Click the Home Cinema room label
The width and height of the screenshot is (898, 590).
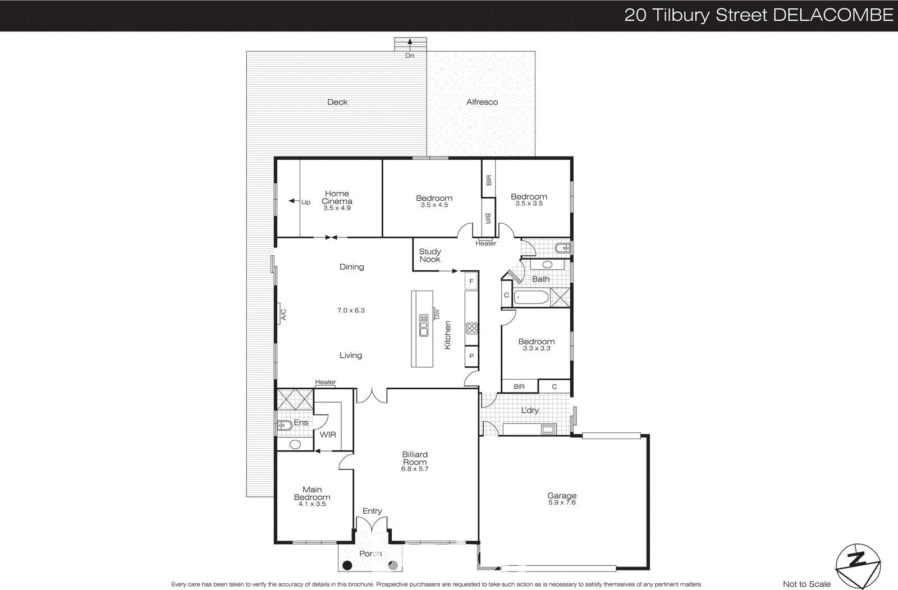click(x=337, y=197)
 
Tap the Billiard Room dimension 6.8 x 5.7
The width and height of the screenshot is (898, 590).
click(x=414, y=469)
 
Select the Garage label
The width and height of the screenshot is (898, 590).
click(x=562, y=495)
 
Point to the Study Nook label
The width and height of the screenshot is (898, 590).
click(x=430, y=255)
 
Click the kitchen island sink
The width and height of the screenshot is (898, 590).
click(x=424, y=325)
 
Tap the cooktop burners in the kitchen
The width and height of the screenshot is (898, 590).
click(x=472, y=328)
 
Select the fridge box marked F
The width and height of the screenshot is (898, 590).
click(x=471, y=281)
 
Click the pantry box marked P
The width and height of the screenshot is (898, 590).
click(x=471, y=356)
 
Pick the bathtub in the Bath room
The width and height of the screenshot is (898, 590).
click(x=530, y=297)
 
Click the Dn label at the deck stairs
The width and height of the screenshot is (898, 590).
click(x=410, y=56)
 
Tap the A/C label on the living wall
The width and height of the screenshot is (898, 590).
click(x=283, y=314)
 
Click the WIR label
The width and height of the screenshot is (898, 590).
click(x=328, y=435)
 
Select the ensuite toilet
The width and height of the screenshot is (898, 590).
click(x=284, y=425)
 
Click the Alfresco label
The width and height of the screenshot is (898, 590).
click(x=482, y=102)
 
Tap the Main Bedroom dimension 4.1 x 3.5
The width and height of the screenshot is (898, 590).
click(x=312, y=504)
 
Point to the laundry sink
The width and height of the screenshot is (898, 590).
click(x=548, y=430)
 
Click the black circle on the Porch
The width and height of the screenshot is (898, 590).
click(x=347, y=565)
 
